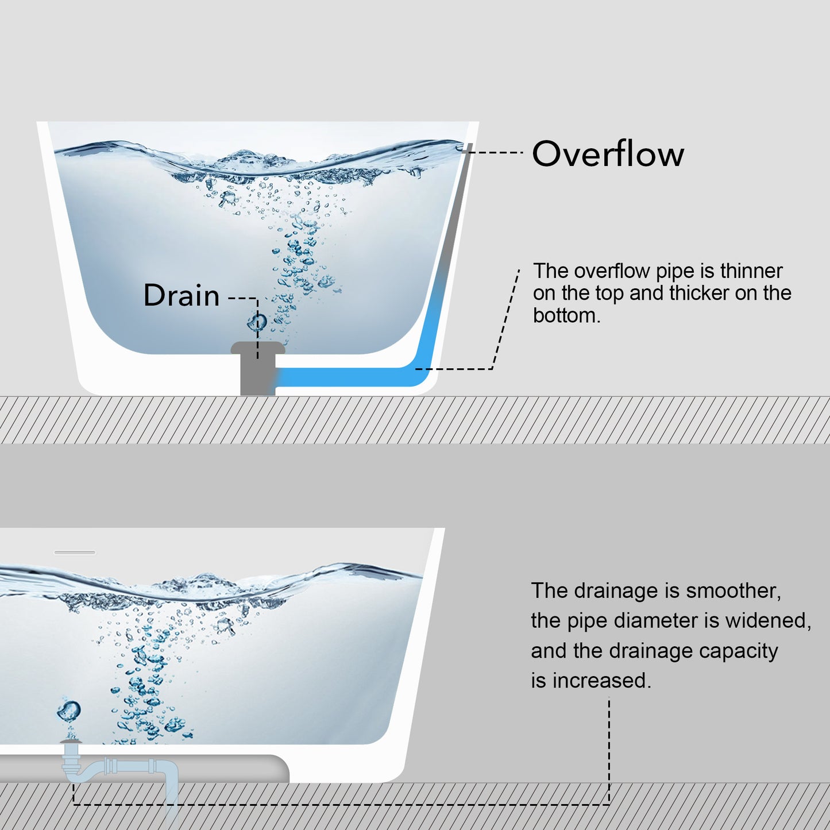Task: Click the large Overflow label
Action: click(608, 154)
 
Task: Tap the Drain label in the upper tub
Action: click(182, 295)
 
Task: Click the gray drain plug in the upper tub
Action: click(258, 368)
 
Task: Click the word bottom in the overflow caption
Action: click(566, 316)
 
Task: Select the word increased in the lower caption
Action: click(602, 681)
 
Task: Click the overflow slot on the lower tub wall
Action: click(75, 552)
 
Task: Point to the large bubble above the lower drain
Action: click(69, 711)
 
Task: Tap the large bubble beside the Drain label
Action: click(257, 322)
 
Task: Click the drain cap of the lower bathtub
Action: click(71, 742)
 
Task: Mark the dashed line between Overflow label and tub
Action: click(495, 152)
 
